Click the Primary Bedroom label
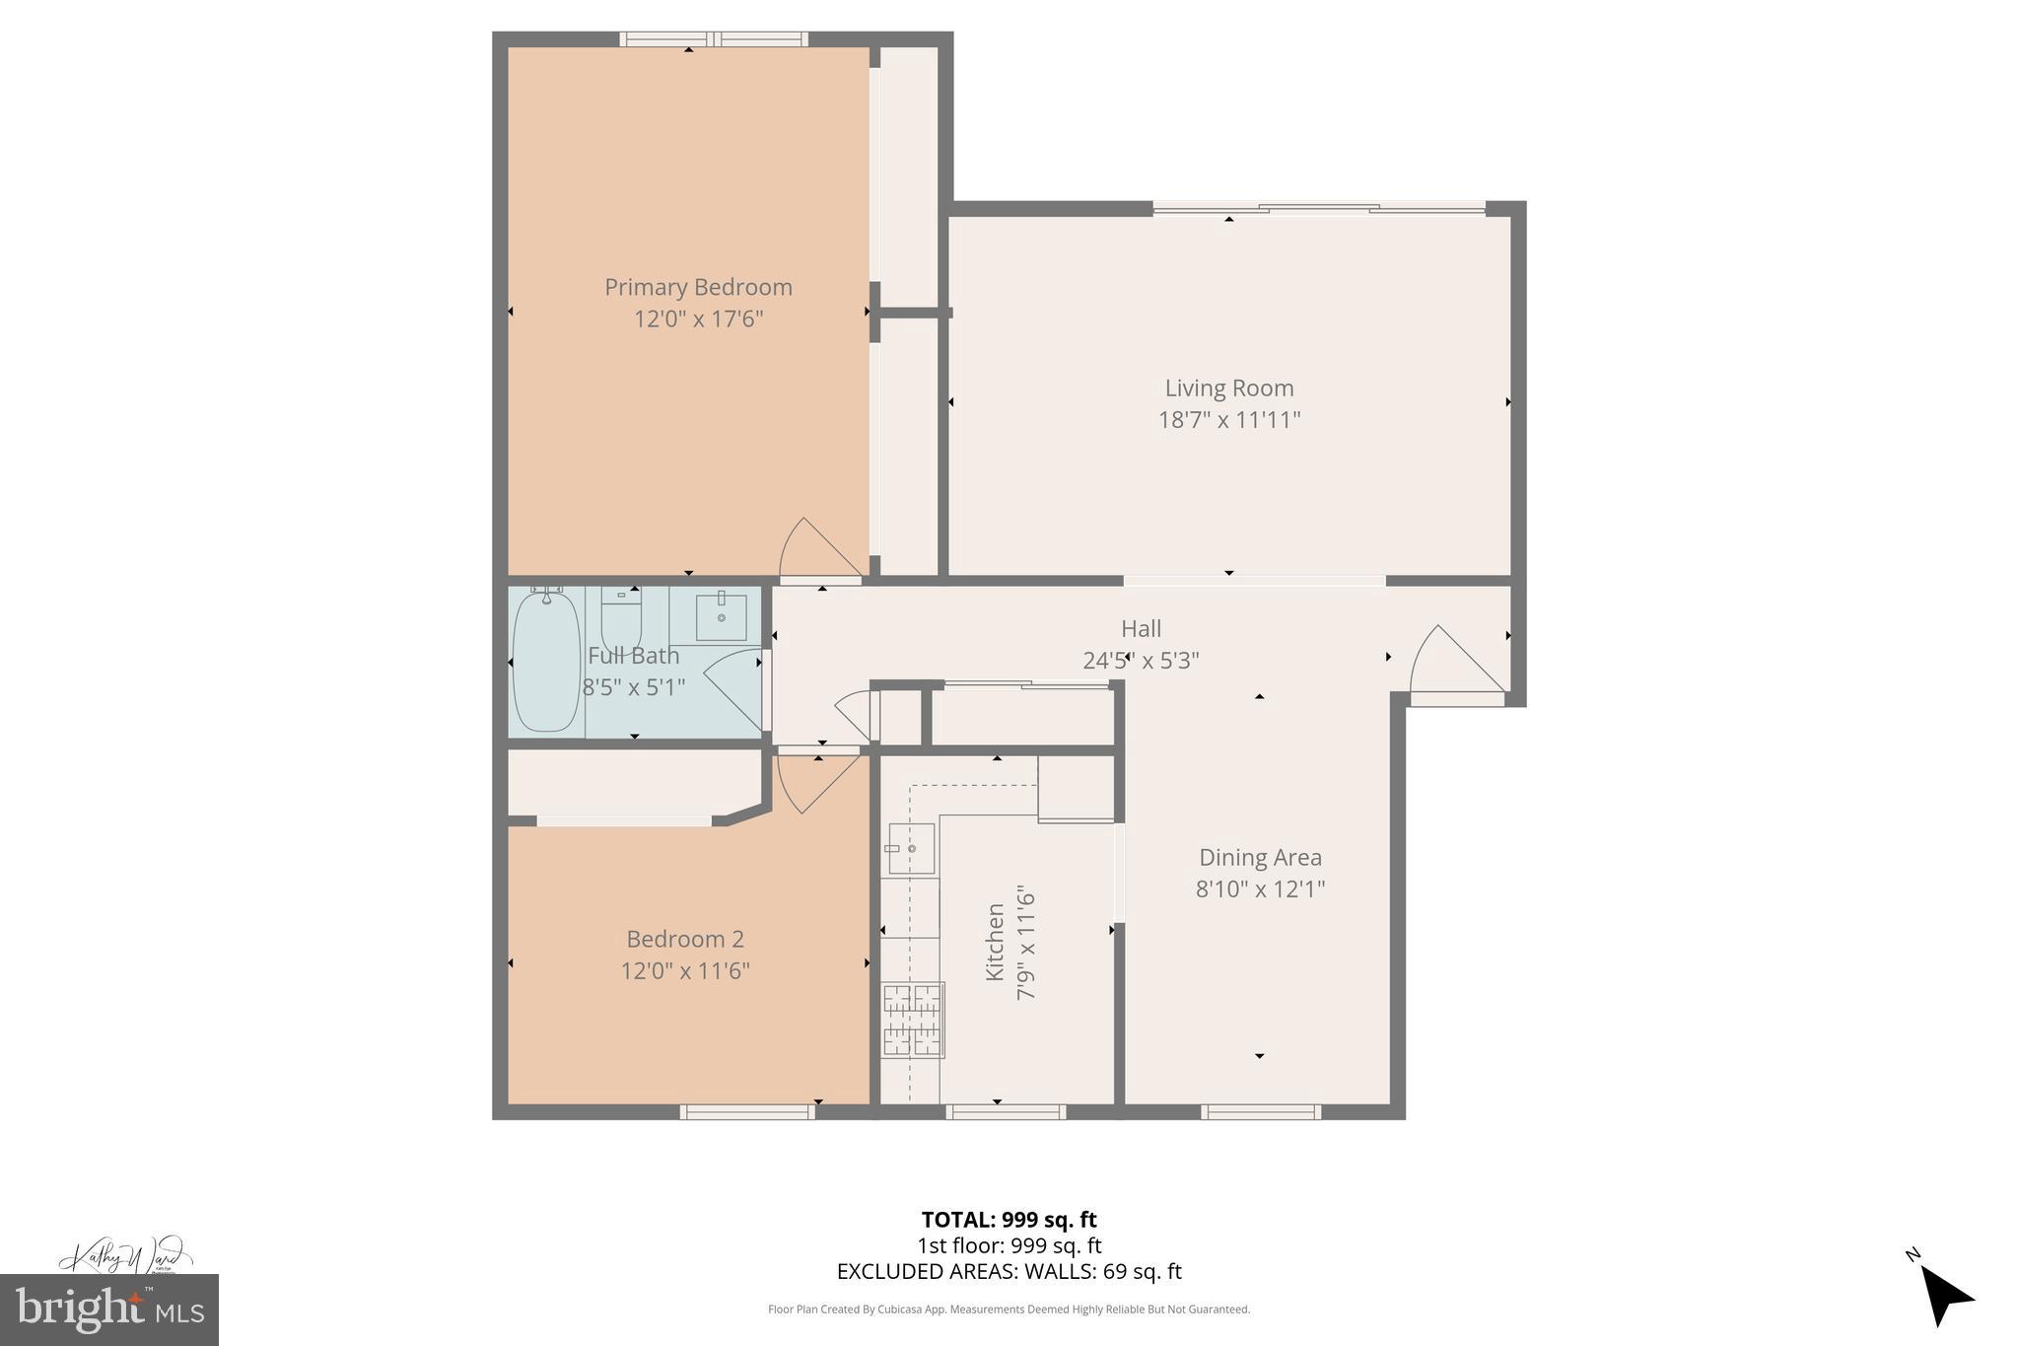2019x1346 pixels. click(x=698, y=287)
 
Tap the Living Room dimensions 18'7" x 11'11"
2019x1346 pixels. click(x=1228, y=420)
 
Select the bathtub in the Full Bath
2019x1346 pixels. click(x=546, y=661)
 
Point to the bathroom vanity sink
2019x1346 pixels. click(x=721, y=616)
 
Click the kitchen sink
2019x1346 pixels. click(x=911, y=848)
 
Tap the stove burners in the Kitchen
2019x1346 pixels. click(x=912, y=1020)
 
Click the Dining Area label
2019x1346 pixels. click(x=1260, y=858)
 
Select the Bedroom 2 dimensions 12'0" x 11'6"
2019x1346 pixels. click(x=685, y=971)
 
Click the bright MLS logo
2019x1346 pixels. click(x=108, y=1310)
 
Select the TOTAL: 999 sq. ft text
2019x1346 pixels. click(x=1009, y=1220)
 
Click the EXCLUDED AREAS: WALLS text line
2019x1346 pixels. click(x=1009, y=1272)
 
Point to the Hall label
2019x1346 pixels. click(x=1141, y=628)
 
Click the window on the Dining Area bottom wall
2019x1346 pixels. click(x=1260, y=1112)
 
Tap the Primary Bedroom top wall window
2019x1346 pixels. click(x=714, y=39)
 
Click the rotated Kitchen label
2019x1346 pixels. click(x=996, y=943)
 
